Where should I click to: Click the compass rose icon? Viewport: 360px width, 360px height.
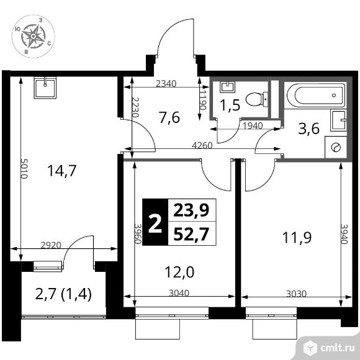pyautogui.click(x=31, y=37)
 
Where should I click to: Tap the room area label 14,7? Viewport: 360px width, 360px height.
pyautogui.click(x=61, y=170)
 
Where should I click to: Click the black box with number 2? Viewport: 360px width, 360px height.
pyautogui.click(x=155, y=222)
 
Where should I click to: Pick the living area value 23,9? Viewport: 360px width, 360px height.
pyautogui.click(x=191, y=210)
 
